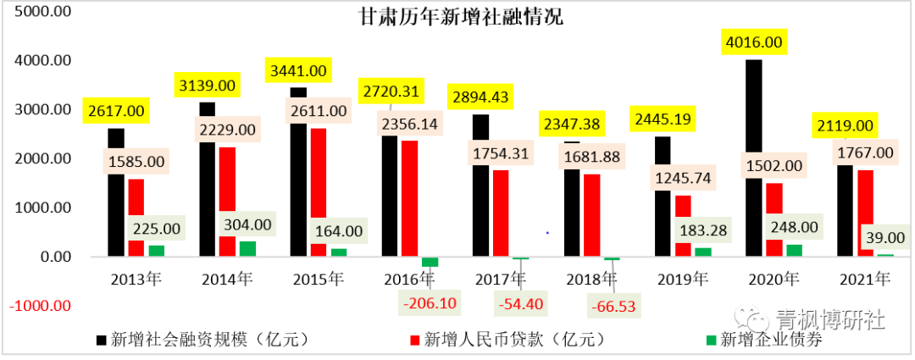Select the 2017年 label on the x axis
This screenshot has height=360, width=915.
501,278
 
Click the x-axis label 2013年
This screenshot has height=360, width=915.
136,278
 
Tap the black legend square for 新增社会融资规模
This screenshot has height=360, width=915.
101,340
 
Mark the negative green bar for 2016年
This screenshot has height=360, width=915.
430,262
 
